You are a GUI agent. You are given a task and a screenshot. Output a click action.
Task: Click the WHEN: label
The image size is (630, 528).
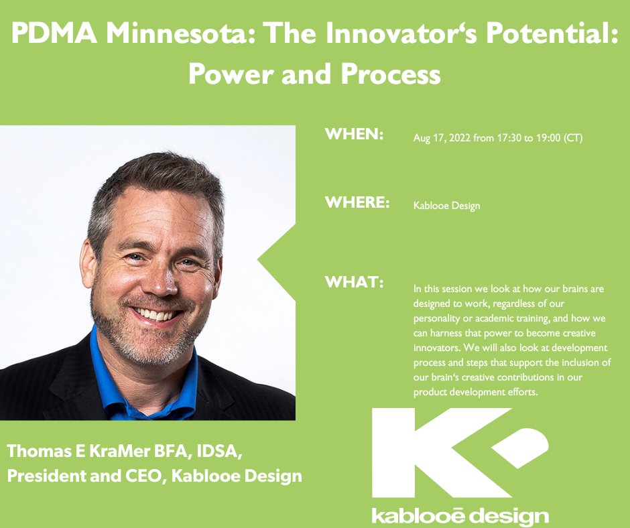(x=354, y=135)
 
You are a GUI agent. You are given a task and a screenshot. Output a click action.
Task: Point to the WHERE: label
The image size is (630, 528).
(x=357, y=202)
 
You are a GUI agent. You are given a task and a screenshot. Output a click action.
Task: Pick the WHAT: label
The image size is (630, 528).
(x=354, y=283)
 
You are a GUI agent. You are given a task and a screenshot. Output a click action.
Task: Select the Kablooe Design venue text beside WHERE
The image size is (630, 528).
(x=446, y=206)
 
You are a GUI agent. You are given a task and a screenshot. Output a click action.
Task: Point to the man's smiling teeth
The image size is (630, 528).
(x=155, y=314)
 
